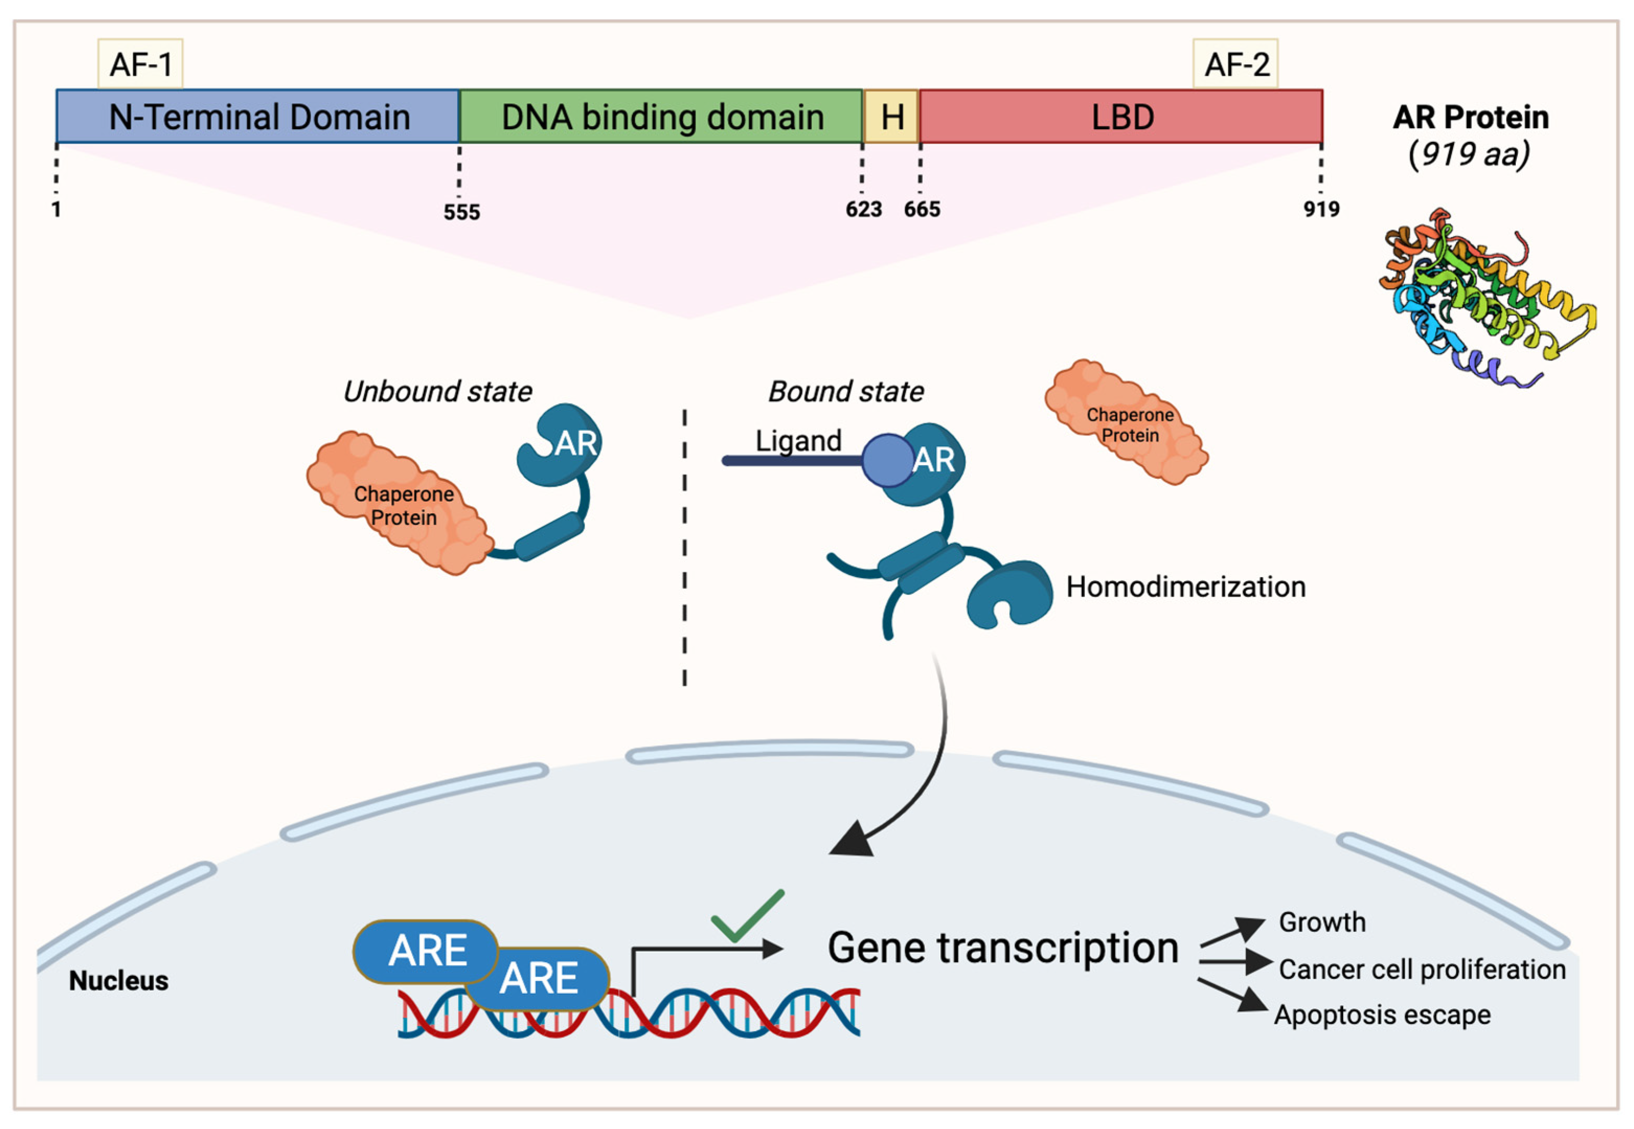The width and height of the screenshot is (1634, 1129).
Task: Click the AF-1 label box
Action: [x=140, y=64]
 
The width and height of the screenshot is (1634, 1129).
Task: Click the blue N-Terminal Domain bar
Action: [x=258, y=117]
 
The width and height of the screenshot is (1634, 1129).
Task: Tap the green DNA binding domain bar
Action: [x=661, y=117]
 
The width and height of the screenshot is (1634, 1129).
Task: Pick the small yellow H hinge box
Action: [x=891, y=117]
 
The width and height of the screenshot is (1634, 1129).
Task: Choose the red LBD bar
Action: [x=1121, y=117]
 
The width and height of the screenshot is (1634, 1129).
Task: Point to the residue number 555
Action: [x=461, y=212]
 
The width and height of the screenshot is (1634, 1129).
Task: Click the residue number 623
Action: [x=863, y=210]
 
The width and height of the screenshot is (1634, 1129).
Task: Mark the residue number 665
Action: [x=921, y=210]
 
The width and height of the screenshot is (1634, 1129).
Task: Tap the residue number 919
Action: [x=1321, y=210]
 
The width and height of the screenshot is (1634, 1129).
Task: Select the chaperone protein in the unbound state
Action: [x=401, y=503]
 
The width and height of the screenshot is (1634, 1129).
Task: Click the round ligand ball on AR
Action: [x=887, y=460]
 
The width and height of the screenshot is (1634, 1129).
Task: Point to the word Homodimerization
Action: [x=1185, y=587]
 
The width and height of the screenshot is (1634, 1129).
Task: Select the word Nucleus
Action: [x=118, y=981]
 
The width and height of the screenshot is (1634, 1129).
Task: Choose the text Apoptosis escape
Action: [x=1382, y=1015]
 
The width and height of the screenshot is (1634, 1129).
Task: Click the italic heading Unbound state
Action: [x=437, y=391]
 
